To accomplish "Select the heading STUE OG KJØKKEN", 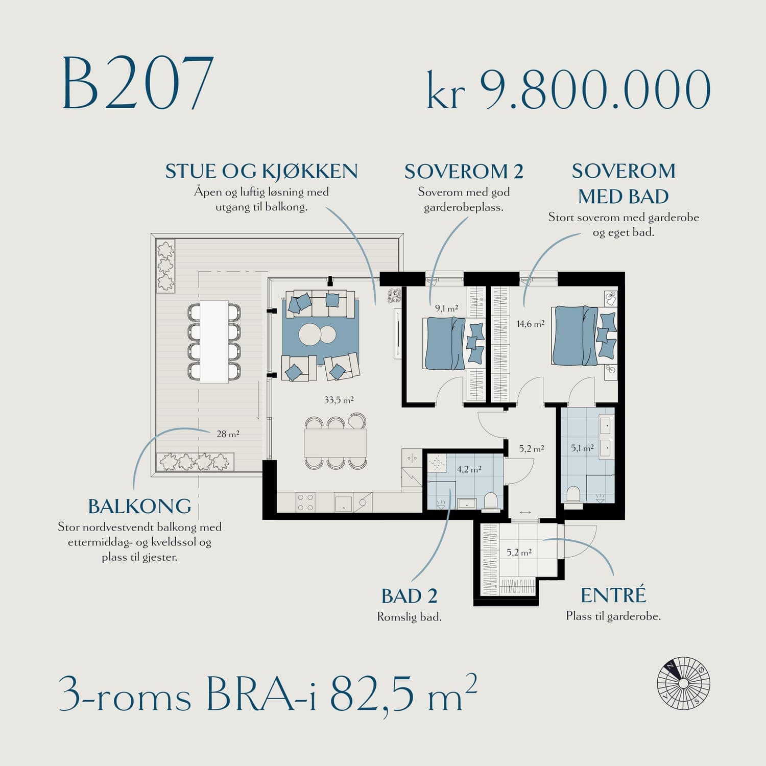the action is pyautogui.click(x=261, y=172).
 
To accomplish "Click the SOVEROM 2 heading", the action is pyautogui.click(x=464, y=172).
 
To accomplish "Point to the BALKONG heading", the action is pyautogui.click(x=140, y=506).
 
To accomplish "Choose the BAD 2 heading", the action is pyautogui.click(x=410, y=596).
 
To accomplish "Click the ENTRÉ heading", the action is pyautogui.click(x=613, y=595).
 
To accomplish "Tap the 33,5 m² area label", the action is pyautogui.click(x=339, y=400).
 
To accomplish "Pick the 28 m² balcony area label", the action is pyautogui.click(x=228, y=434).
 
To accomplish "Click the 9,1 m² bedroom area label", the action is pyautogui.click(x=446, y=308).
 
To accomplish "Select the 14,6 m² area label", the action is pyautogui.click(x=531, y=324).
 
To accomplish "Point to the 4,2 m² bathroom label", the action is pyautogui.click(x=469, y=469).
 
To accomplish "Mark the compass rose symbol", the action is pyautogui.click(x=684, y=683).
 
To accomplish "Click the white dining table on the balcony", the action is pyautogui.click(x=214, y=342).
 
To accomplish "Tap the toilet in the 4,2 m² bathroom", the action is pyautogui.click(x=491, y=500).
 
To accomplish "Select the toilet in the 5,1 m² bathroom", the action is pyautogui.click(x=573, y=495).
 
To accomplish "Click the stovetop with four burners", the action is pyautogui.click(x=305, y=502).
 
